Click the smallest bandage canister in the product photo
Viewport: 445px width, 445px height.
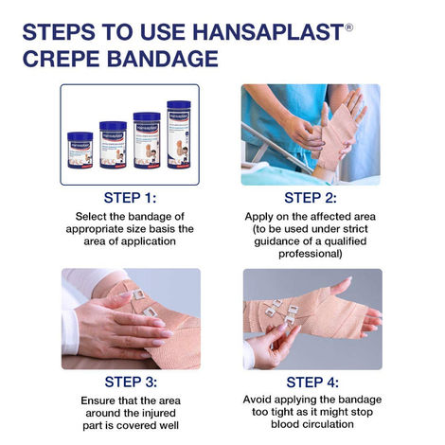tap(80, 150)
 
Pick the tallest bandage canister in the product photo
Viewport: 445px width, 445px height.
tap(179, 133)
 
